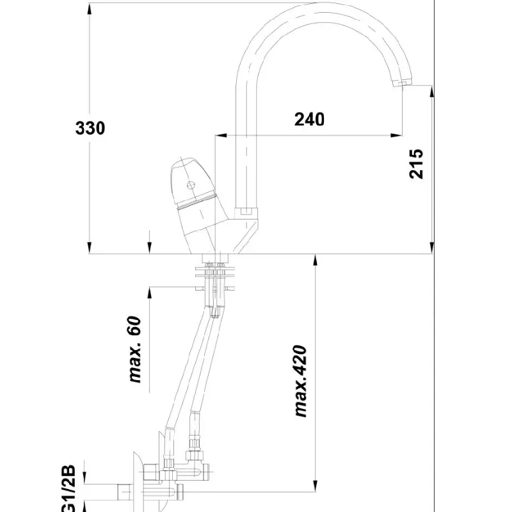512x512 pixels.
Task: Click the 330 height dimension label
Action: (x=90, y=128)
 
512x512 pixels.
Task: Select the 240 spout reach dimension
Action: (x=309, y=120)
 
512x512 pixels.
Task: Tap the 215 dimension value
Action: (x=416, y=164)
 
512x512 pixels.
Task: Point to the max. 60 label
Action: (x=135, y=349)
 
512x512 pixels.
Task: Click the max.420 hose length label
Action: (x=300, y=381)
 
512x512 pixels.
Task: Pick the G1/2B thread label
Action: (x=68, y=488)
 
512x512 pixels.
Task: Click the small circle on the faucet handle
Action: (x=191, y=186)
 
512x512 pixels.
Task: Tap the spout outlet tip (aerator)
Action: (x=403, y=83)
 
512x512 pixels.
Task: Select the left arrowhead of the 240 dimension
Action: (x=221, y=135)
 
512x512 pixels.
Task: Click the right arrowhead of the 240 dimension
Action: (x=396, y=135)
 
